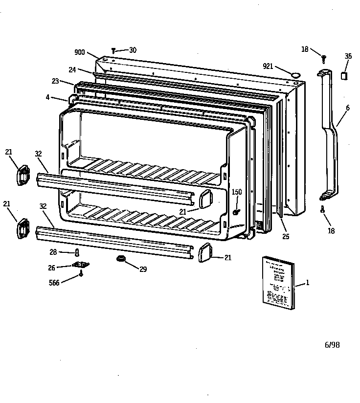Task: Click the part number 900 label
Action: pos(80,52)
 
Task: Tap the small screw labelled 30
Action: pos(113,50)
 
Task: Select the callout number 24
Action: pos(72,70)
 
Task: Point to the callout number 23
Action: pos(55,81)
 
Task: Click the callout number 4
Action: pos(47,97)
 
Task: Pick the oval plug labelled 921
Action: pos(295,75)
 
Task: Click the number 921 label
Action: pos(268,66)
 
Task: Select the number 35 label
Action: pos(348,56)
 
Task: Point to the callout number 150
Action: pos(237,192)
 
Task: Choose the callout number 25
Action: pos(286,237)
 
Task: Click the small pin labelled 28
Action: pos(77,252)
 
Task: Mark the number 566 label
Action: pos(55,283)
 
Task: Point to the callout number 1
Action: pos(308,283)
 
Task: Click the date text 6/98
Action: pos(332,345)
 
